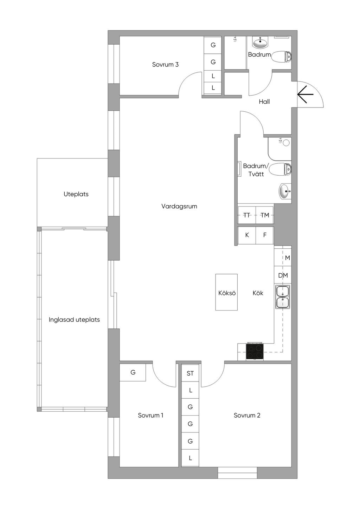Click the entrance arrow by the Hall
[305, 94]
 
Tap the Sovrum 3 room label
[165, 65]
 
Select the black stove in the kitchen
[255, 351]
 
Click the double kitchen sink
[283, 297]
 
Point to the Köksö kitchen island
[227, 293]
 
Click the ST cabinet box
[190, 373]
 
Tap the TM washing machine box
[265, 215]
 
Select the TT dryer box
[247, 215]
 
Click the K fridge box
[247, 235]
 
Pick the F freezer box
[265, 235]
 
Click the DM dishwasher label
[283, 276]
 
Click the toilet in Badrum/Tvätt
[280, 170]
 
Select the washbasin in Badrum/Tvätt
[285, 191]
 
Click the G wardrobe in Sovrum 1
[133, 372]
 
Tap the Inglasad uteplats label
[74, 320]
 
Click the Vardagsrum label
[179, 207]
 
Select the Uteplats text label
[76, 194]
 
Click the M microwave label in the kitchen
[288, 258]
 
